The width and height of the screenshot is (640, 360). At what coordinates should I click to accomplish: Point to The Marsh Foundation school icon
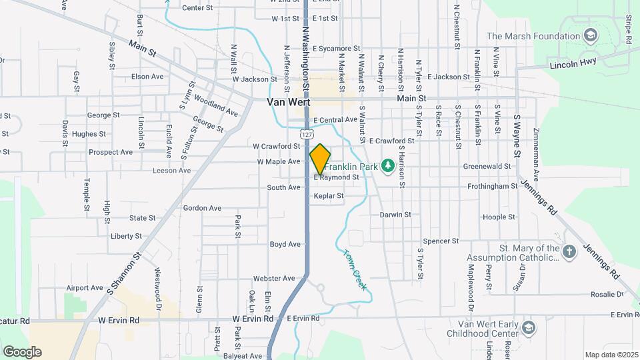point(590,35)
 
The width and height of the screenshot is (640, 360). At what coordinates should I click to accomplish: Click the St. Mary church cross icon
point(569,252)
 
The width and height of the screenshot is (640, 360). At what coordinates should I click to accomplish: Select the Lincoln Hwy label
point(575,63)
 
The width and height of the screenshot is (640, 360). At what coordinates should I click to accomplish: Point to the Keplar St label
point(329,196)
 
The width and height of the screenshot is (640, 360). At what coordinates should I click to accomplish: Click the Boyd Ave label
point(285,245)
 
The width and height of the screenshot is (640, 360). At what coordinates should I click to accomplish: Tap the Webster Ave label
point(273,278)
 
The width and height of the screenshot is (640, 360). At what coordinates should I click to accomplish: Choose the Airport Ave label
point(85,288)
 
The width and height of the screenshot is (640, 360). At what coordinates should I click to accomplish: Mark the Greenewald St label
point(488,166)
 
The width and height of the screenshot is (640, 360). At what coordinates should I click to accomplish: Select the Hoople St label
point(495,217)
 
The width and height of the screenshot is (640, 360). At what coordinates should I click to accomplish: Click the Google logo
point(22,351)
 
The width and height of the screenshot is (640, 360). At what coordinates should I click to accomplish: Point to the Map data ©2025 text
point(611,355)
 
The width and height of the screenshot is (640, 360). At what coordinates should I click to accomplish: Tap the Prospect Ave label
point(111,152)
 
